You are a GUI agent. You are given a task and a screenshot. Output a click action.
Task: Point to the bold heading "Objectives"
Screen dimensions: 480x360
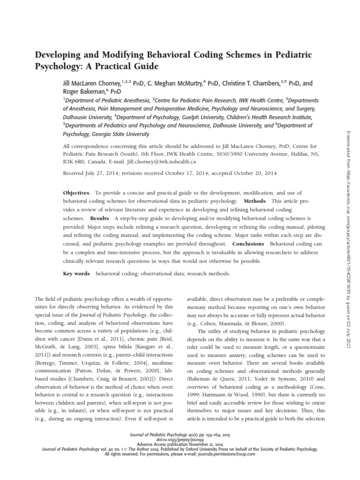tap(76, 193)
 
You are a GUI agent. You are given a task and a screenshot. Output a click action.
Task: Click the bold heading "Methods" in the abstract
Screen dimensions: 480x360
tap(255, 201)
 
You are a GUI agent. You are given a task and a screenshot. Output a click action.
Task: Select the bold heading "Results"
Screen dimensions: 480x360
tap(99, 218)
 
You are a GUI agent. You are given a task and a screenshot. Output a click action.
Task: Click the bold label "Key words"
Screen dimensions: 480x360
tap(76, 274)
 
